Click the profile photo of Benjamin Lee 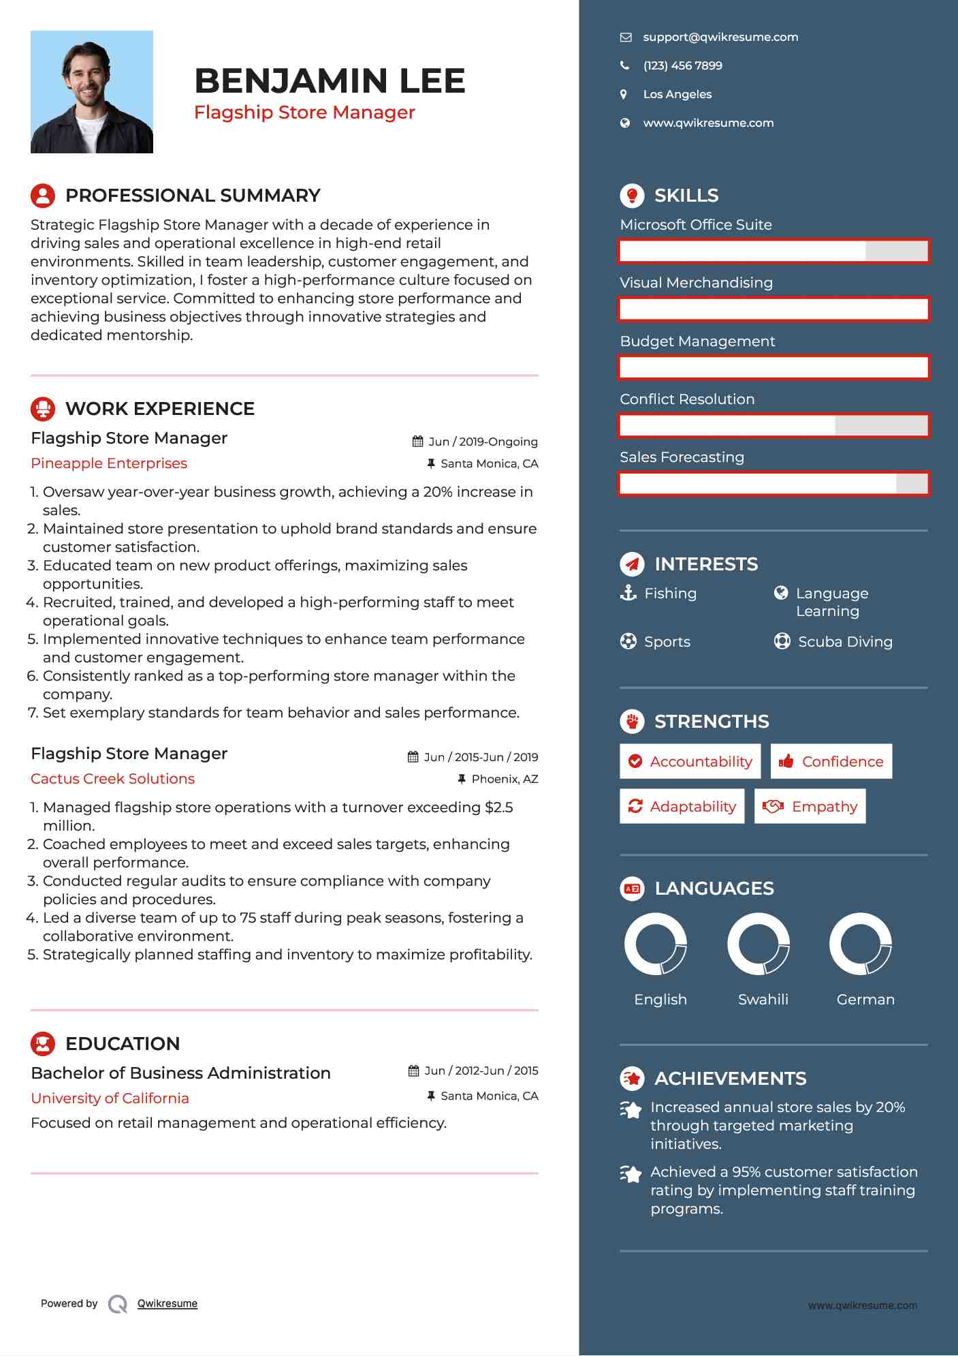point(92,92)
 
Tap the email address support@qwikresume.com point(720,37)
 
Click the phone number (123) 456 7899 point(682,66)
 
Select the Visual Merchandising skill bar point(773,309)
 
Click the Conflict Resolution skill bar point(773,426)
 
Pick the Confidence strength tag point(831,761)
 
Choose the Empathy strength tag point(810,807)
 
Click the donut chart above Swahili point(759,944)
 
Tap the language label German point(865,1000)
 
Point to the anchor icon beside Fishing point(628,593)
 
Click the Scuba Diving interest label point(844,642)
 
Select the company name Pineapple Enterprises point(109,463)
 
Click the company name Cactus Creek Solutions point(113,779)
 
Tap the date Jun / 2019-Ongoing point(482,442)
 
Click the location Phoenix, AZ point(504,779)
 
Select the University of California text point(110,1098)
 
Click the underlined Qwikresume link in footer point(167,1304)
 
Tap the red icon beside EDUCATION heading point(43,1044)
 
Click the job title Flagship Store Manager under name point(304,112)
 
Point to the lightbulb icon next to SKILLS point(632,196)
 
